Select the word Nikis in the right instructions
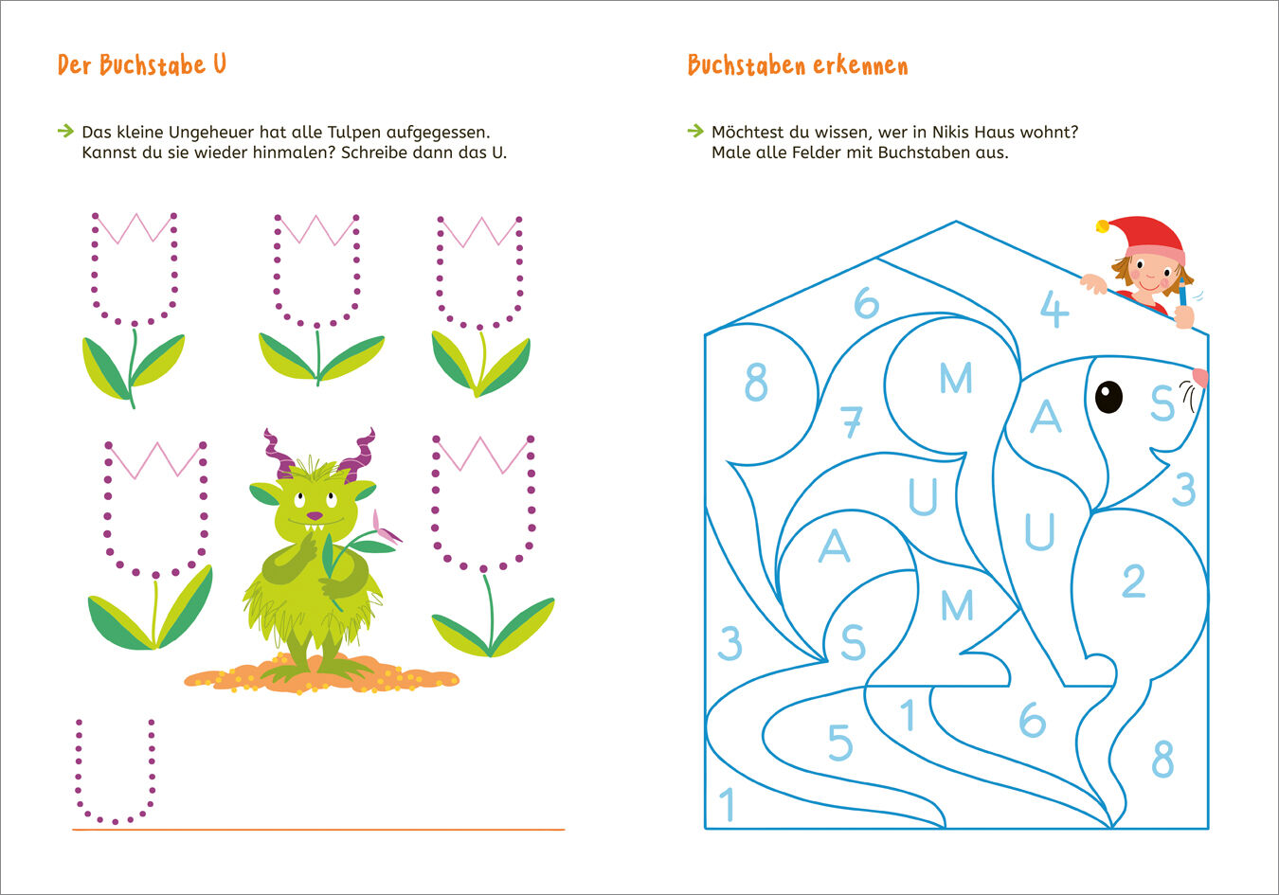click(x=950, y=133)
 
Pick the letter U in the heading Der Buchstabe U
click(x=220, y=63)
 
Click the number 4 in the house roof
click(x=1054, y=309)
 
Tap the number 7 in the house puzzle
click(x=851, y=421)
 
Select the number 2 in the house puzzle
click(x=1133, y=581)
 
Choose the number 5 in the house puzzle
click(x=840, y=742)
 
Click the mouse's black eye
click(x=1108, y=397)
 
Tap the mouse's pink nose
click(x=1200, y=377)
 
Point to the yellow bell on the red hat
click(x=1102, y=226)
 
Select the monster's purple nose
click(x=315, y=516)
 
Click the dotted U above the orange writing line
click(x=116, y=771)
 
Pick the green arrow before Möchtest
click(x=695, y=132)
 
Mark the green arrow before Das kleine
click(x=65, y=132)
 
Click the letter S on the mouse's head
click(x=1162, y=403)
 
